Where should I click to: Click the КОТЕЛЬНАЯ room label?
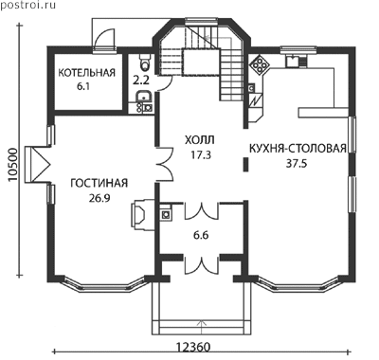pyautogui.click(x=86, y=73)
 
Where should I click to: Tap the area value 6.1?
pyautogui.click(x=83, y=87)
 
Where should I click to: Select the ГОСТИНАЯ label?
pyautogui.click(x=99, y=183)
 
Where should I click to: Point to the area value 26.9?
pyautogui.click(x=99, y=198)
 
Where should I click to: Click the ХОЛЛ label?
pyautogui.click(x=200, y=139)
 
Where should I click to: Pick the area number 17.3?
pyautogui.click(x=200, y=154)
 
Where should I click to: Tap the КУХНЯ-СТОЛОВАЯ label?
pyautogui.click(x=298, y=149)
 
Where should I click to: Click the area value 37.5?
pyautogui.click(x=297, y=164)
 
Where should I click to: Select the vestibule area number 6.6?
pyautogui.click(x=201, y=235)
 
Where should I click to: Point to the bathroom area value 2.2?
pyautogui.click(x=140, y=81)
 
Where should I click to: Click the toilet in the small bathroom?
pyautogui.click(x=145, y=62)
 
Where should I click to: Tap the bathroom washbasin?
pyautogui.click(x=144, y=97)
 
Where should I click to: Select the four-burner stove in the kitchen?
pyautogui.click(x=260, y=64)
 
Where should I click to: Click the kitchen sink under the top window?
pyautogui.click(x=293, y=61)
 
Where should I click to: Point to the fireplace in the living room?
pyautogui.click(x=142, y=213)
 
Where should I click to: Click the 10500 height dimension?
pyautogui.click(x=13, y=165)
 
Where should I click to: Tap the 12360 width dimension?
pyautogui.click(x=192, y=348)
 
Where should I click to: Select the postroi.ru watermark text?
pyautogui.click(x=28, y=5)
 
